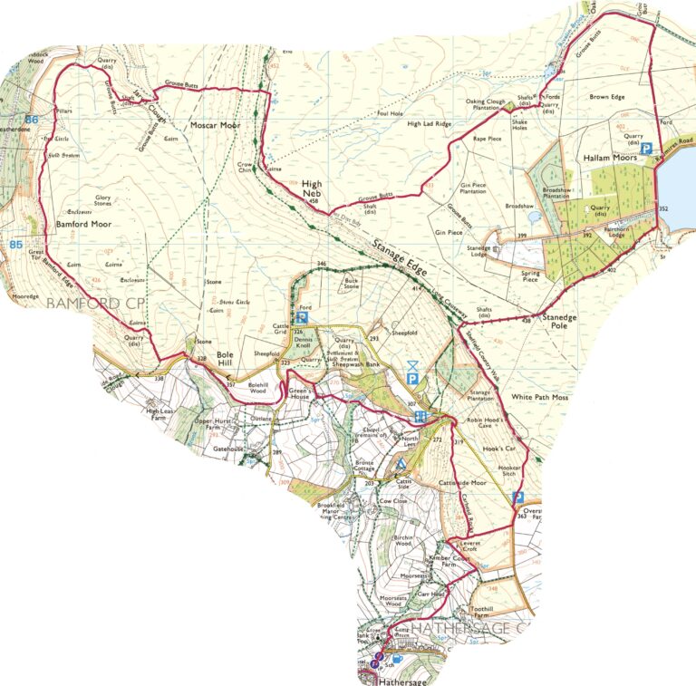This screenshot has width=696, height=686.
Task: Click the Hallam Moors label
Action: (x=607, y=157)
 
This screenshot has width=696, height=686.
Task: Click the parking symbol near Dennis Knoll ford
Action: (x=304, y=318)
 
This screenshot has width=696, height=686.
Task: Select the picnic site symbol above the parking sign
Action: (x=412, y=363)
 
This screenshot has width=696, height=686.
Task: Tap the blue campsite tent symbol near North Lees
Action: (x=401, y=464)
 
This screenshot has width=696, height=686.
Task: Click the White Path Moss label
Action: (x=540, y=397)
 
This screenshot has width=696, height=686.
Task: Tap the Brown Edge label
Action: (x=607, y=96)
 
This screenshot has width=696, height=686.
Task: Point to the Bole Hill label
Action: (x=226, y=361)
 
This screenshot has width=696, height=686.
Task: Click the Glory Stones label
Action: (x=96, y=199)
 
